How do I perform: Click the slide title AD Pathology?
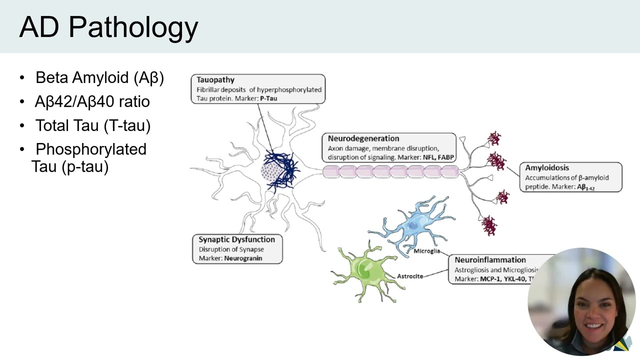pyautogui.click(x=108, y=27)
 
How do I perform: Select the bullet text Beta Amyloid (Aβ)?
pyautogui.click(x=99, y=78)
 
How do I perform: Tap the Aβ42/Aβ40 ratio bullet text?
pyautogui.click(x=92, y=102)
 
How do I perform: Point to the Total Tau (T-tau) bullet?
pyautogui.click(x=92, y=125)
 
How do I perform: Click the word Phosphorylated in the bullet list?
pyautogui.click(x=91, y=149)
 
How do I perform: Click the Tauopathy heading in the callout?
pyautogui.click(x=215, y=80)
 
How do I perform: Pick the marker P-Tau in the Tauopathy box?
pyautogui.click(x=268, y=98)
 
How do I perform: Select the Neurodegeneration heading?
pyautogui.click(x=363, y=138)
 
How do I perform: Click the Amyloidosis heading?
pyautogui.click(x=547, y=168)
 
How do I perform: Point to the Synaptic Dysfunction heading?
pyautogui.click(x=236, y=239)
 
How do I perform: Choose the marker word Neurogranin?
pyautogui.click(x=243, y=258)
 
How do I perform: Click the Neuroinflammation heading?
pyautogui.click(x=490, y=260)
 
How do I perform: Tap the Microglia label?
pyautogui.click(x=426, y=251)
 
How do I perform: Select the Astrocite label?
pyautogui.click(x=409, y=276)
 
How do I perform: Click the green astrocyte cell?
pyautogui.click(x=362, y=270)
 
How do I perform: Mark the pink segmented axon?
pyautogui.click(x=390, y=172)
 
